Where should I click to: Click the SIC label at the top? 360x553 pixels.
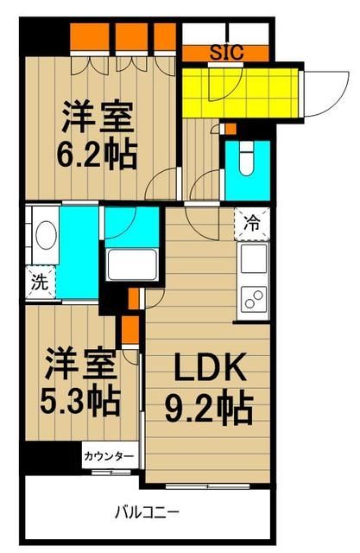click(x=227, y=52)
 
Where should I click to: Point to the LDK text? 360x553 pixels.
click(x=211, y=370)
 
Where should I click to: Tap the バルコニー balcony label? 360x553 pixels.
click(x=148, y=512)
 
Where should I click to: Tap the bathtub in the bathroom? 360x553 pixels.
click(x=130, y=263)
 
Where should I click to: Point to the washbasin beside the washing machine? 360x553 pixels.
click(x=44, y=234)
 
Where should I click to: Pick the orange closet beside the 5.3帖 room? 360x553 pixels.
click(x=129, y=329)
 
